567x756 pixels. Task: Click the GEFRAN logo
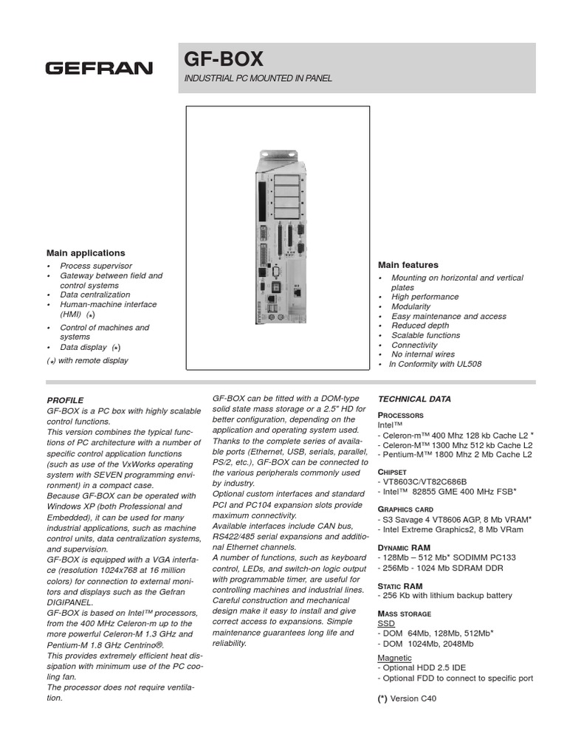click(99, 69)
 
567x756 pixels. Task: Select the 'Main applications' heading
click(86, 252)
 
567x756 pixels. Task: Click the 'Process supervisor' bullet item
click(96, 266)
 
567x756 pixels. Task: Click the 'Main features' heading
click(408, 264)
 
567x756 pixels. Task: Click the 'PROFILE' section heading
click(66, 399)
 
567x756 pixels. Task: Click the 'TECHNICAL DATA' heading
click(414, 399)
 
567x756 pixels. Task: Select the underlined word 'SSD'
click(386, 624)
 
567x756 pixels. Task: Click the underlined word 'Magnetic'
click(395, 657)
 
